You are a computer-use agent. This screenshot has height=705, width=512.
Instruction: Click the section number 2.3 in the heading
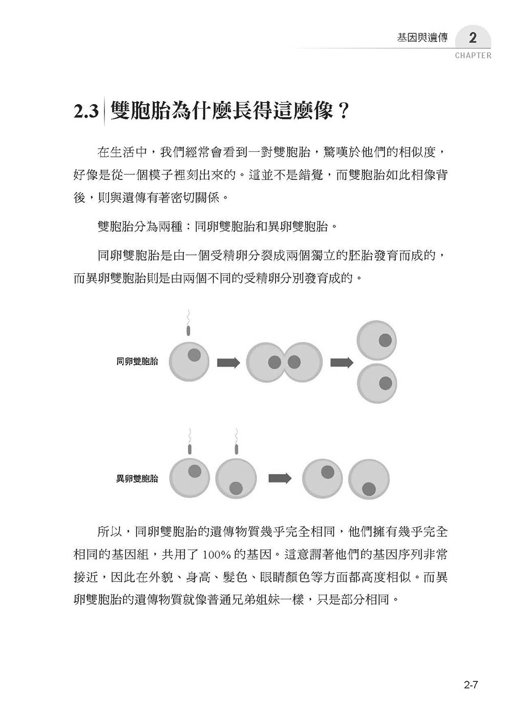[x=86, y=110]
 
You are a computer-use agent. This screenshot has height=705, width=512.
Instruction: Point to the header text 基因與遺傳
[x=422, y=38]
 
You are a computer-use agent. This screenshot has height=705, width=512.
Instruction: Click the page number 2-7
[x=470, y=683]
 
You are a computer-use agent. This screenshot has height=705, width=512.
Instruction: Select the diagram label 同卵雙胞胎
[x=137, y=361]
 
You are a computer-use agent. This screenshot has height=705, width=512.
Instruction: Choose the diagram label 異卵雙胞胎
[x=137, y=478]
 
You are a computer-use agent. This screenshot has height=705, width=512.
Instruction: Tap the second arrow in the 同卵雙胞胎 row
[x=342, y=362]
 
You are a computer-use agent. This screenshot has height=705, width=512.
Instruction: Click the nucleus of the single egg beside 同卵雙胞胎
[x=194, y=354]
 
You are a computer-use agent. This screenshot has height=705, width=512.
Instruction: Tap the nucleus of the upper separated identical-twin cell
[x=386, y=339]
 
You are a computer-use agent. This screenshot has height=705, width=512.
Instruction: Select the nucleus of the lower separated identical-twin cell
[x=386, y=382]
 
